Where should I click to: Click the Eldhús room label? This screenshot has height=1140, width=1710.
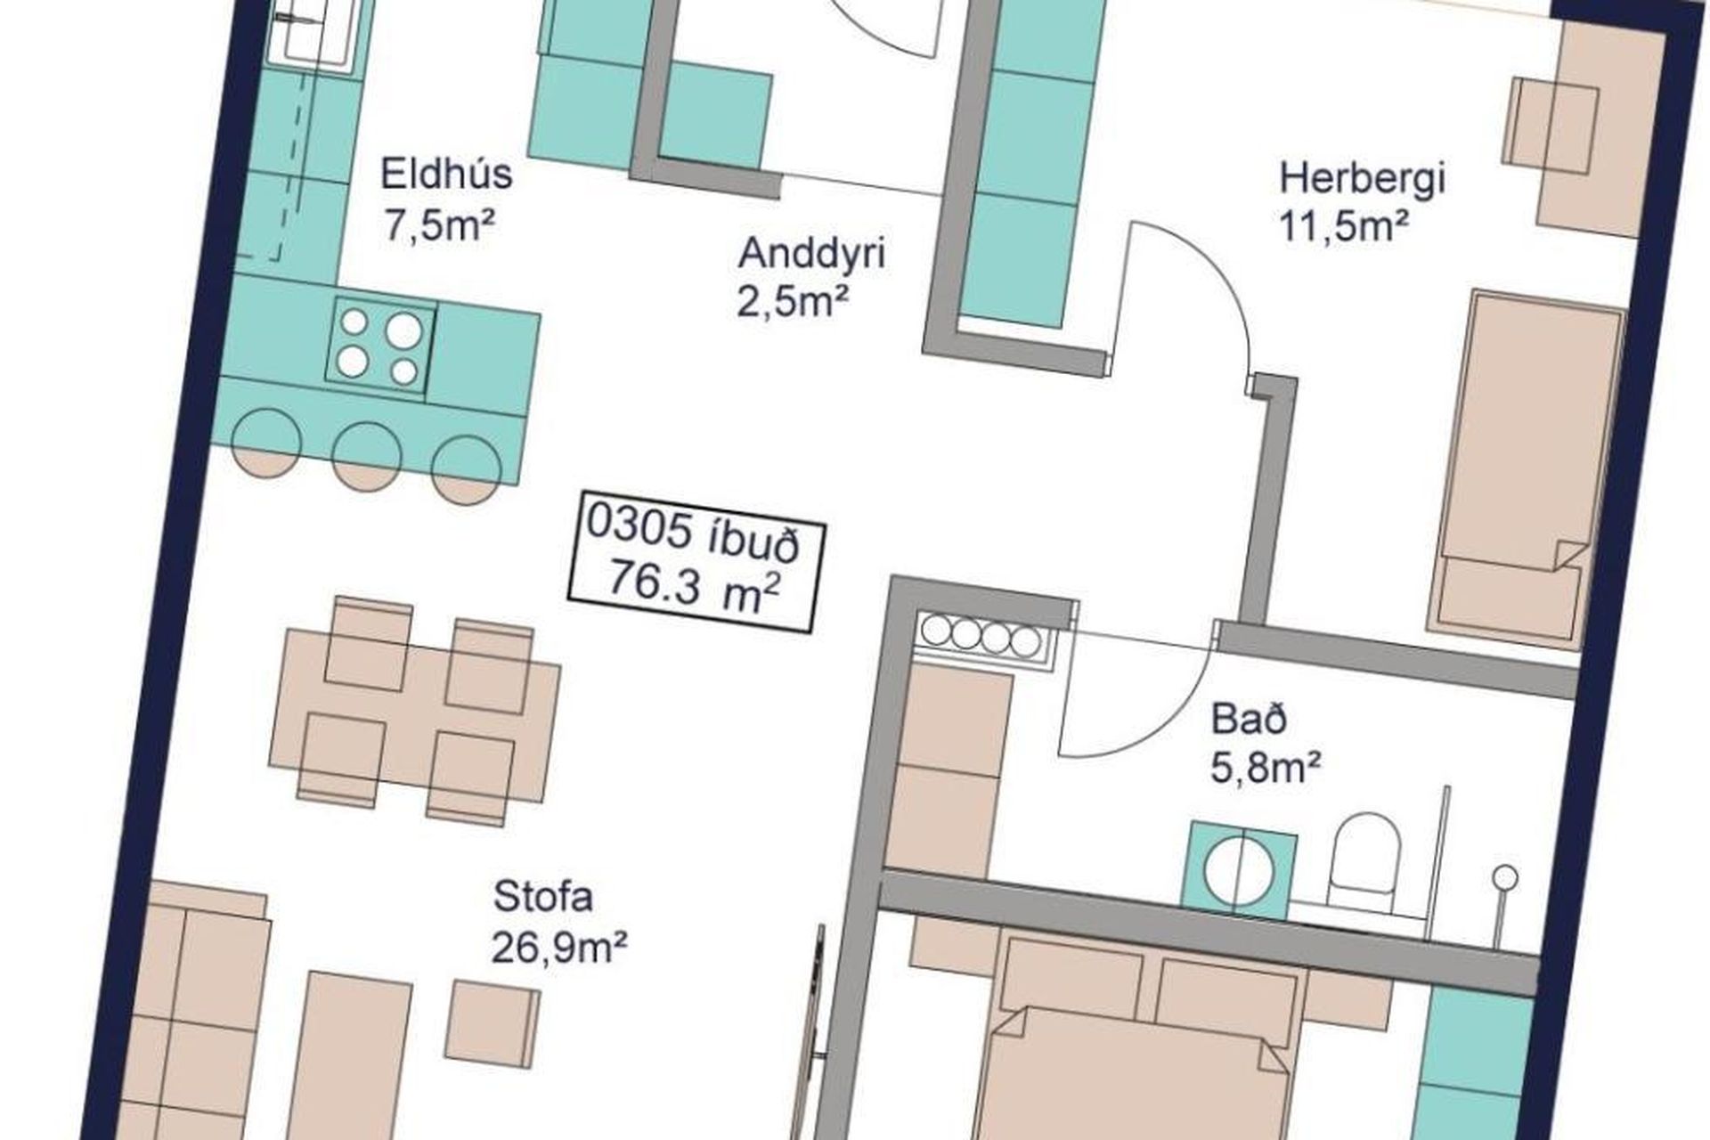446,173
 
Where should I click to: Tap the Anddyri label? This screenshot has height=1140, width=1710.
811,254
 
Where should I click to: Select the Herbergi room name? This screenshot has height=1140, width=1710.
1362,178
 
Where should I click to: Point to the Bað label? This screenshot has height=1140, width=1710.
1250,719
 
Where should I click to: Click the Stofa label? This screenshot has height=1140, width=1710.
543,896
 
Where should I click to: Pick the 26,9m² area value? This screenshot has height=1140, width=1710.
559,948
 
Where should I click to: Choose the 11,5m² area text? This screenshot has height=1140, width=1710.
1343,226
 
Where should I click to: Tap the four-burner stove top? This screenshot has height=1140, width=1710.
380,346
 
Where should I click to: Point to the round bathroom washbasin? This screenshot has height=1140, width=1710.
1239,869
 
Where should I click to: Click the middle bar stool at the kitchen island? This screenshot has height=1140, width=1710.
366,456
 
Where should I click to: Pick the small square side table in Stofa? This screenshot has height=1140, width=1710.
493,1023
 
